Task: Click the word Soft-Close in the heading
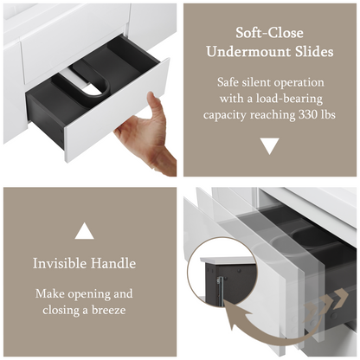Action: (269, 33)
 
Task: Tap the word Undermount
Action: (249, 52)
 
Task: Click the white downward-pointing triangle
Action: (270, 146)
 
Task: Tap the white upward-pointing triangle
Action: (84, 231)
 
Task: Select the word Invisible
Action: (60, 263)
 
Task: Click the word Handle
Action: (113, 263)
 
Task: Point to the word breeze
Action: (109, 311)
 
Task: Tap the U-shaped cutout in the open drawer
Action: (93, 87)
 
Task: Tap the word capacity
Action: (224, 115)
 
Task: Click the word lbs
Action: (328, 115)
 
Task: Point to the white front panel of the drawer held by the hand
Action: (117, 111)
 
